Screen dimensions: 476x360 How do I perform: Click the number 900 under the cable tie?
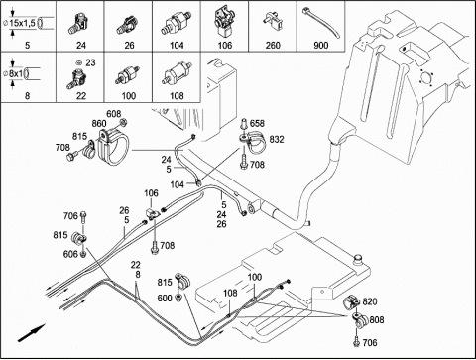[320, 45]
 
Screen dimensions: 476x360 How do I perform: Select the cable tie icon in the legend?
[321, 23]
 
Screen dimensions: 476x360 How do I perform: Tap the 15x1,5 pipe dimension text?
[22, 23]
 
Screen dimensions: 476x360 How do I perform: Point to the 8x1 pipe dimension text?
[16, 73]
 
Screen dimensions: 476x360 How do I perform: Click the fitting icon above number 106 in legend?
[224, 22]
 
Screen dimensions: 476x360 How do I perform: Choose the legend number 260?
[273, 45]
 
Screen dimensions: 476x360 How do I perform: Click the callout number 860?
[99, 124]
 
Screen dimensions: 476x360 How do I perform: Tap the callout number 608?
[113, 114]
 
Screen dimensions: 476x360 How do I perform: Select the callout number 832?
[277, 140]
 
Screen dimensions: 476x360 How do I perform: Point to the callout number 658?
[257, 123]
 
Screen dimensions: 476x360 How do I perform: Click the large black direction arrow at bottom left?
[31, 332]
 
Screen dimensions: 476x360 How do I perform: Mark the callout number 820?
[370, 301]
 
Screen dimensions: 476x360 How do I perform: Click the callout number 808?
[377, 319]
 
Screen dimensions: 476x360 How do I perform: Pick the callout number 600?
[165, 298]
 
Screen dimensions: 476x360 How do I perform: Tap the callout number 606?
[70, 254]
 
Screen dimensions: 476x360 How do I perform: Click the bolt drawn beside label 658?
[245, 123]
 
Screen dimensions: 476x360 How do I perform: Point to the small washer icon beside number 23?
[78, 62]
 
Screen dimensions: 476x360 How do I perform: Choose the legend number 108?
[177, 96]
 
